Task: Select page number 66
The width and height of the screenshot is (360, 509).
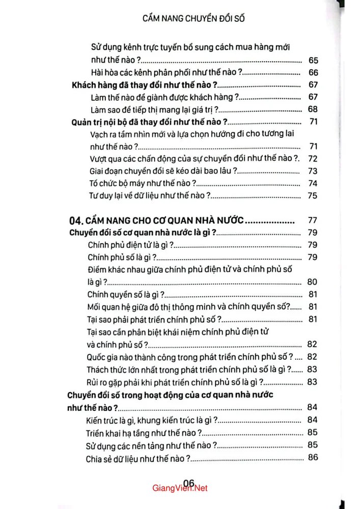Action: pos(313,72)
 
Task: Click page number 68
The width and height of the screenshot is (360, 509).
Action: pos(313,109)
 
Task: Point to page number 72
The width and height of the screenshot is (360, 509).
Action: pos(313,159)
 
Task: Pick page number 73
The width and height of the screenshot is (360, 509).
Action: pos(313,171)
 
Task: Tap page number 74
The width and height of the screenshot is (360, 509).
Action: pos(313,184)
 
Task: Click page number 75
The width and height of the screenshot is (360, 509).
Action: pos(313,196)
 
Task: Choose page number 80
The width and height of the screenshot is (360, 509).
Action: pos(313,282)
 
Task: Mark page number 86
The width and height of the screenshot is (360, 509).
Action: pos(313,457)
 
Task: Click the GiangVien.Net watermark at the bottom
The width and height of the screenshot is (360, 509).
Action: pos(180,488)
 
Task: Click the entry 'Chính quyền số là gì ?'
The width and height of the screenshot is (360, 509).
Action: pos(125,294)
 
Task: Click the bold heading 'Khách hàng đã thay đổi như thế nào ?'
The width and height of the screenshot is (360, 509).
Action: pos(143,85)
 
